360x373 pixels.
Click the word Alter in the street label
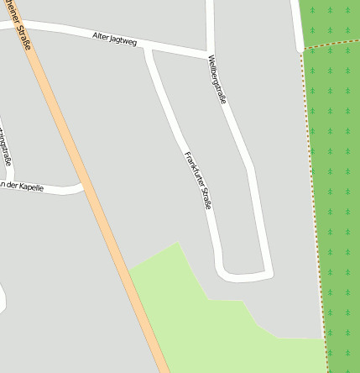tap(102, 36)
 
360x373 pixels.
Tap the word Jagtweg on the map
tap(123, 40)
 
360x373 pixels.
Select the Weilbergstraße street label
tap(217, 80)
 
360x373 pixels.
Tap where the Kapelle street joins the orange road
tap(85, 186)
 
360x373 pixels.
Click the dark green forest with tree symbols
tap(336, 168)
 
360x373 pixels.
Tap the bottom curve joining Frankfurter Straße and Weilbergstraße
tap(243, 275)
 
